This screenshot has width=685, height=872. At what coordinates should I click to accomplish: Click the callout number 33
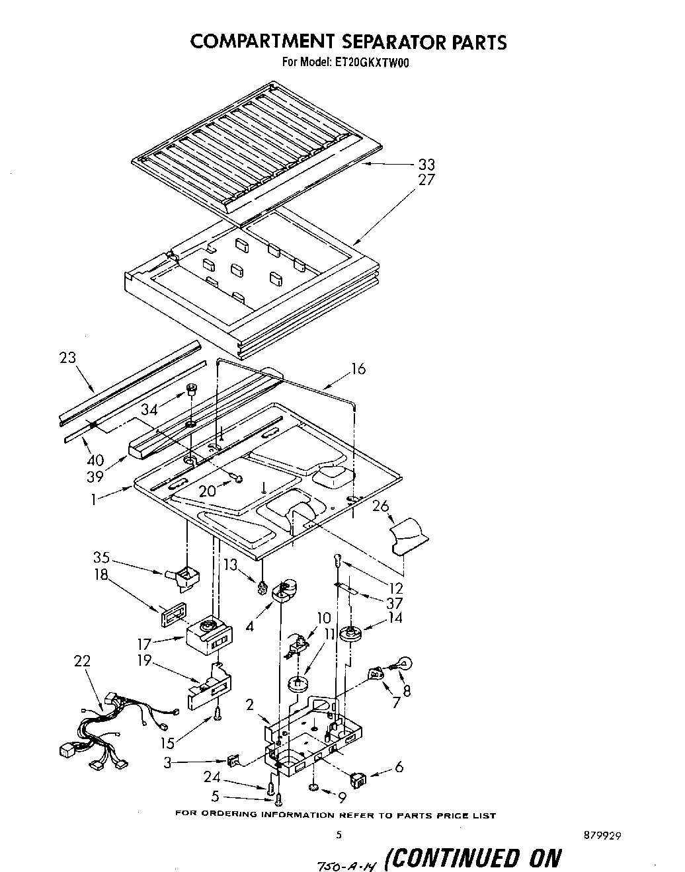point(426,165)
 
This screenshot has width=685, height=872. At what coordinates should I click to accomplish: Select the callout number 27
point(426,180)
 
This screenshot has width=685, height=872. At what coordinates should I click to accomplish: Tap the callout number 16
point(358,369)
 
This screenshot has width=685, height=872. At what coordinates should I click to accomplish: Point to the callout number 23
point(67,358)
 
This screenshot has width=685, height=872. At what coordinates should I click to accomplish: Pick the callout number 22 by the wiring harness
point(83,660)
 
